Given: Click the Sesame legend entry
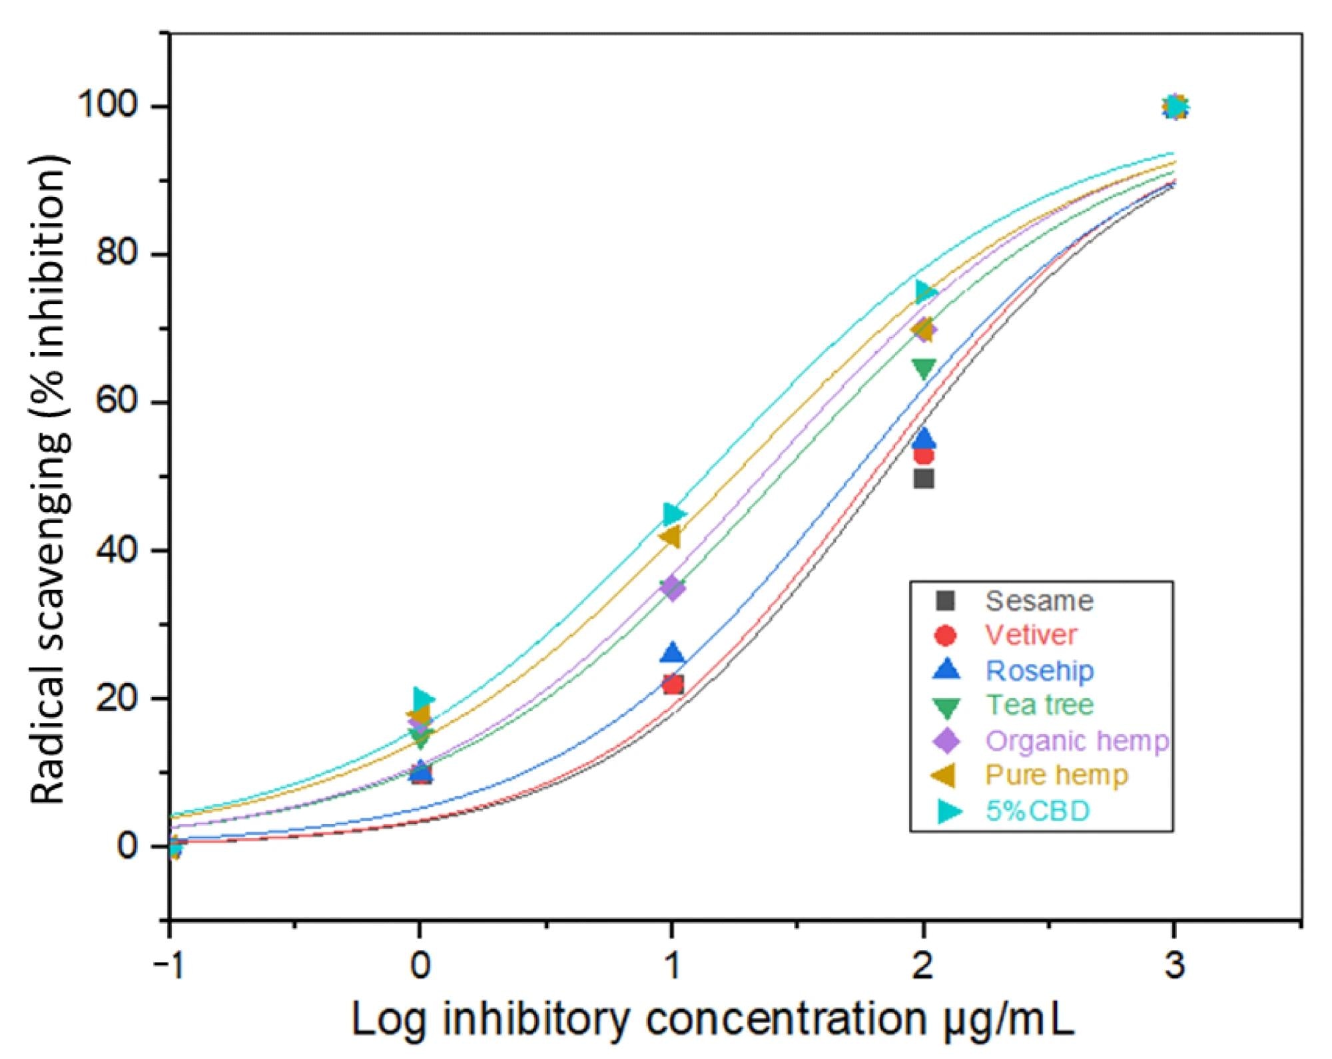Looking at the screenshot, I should pyautogui.click(x=1038, y=601).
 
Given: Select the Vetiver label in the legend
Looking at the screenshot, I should pyautogui.click(x=1030, y=635).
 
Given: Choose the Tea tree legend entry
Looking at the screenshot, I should pyautogui.click(x=1039, y=705).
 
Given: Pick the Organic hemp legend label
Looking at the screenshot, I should pyautogui.click(x=1076, y=740).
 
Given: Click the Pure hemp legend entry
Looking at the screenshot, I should pyautogui.click(x=1056, y=775).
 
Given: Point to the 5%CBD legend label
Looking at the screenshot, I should pyautogui.click(x=1037, y=811).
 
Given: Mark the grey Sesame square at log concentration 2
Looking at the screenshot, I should pyautogui.click(x=923, y=479).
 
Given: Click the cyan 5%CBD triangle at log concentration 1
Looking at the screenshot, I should pyautogui.click(x=675, y=514).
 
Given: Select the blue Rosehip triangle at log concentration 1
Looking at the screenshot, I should pyautogui.click(x=673, y=654).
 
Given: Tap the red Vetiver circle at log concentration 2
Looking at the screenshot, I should pyautogui.click(x=923, y=456).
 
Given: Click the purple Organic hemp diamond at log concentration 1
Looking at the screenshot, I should pyautogui.click(x=673, y=588).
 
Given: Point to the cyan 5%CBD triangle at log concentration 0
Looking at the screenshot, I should pyautogui.click(x=422, y=699).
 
